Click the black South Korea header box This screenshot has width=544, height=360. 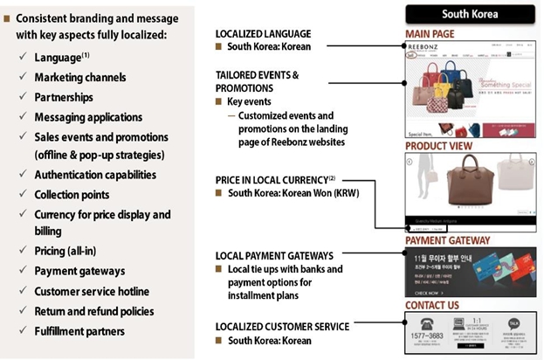tap(469, 14)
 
